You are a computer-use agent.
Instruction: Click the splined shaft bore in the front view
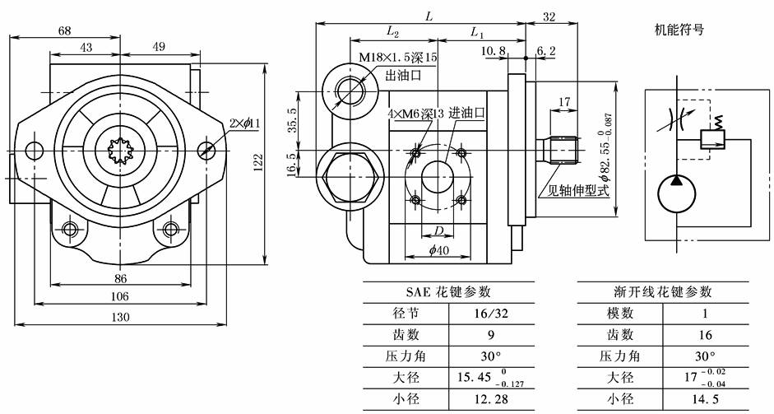(120, 150)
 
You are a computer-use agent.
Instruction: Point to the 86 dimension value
(120, 278)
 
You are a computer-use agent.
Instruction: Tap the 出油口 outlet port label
(405, 75)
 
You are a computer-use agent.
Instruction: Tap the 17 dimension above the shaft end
(564, 102)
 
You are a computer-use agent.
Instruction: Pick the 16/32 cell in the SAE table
(491, 314)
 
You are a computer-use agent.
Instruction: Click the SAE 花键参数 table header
(448, 291)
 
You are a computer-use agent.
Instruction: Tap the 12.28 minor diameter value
(491, 400)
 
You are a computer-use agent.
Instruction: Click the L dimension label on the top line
(429, 16)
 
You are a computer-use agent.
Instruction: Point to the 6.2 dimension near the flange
(545, 51)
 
